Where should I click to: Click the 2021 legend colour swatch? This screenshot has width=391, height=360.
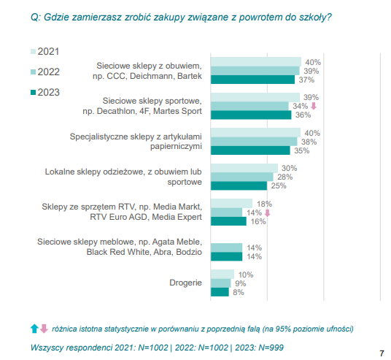point(33,52)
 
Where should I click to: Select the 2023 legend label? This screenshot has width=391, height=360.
point(49,92)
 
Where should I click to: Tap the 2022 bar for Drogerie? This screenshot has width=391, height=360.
point(221,283)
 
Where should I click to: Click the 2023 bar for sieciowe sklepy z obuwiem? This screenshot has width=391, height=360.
point(252,80)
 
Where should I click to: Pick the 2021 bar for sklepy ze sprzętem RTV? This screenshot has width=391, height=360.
point(231,204)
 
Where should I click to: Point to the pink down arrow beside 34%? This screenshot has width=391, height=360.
point(314,106)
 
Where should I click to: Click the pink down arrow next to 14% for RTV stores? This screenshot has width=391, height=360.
point(267,213)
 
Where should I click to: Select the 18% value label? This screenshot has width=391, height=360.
point(264,204)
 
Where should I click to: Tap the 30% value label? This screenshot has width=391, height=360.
point(290,168)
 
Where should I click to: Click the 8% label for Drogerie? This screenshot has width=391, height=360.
point(239,292)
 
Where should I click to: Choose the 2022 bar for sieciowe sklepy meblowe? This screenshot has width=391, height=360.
point(226,248)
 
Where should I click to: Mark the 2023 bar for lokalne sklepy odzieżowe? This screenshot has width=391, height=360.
point(239,185)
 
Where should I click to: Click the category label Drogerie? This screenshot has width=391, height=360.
point(185,283)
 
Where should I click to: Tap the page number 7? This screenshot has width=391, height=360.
point(382,353)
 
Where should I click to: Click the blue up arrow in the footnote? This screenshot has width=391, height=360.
point(34,329)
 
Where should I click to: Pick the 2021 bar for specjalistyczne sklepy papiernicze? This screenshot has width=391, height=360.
point(255,133)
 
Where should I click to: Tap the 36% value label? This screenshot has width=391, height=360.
point(303,115)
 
